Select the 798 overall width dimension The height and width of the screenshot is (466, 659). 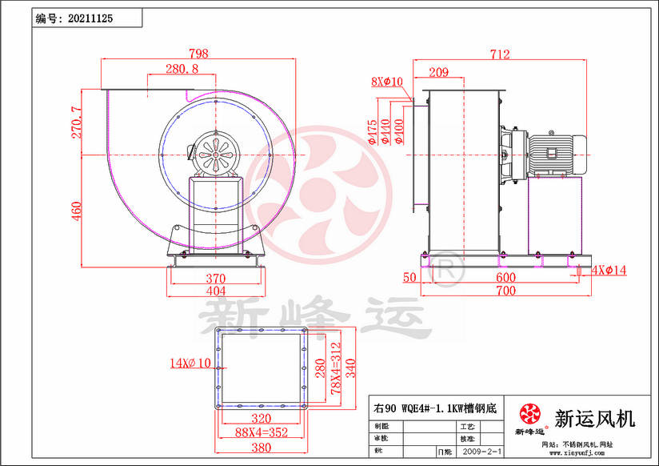tap(198, 54)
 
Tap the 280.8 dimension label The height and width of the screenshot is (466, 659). tap(182, 70)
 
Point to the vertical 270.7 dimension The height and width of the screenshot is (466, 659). tap(77, 122)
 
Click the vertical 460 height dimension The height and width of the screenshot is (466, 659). tap(77, 211)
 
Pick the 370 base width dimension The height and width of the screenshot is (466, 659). tap(214, 278)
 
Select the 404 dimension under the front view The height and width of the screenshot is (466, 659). tap(214, 291)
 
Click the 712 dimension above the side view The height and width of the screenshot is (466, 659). tap(500, 54)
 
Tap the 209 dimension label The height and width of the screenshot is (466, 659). tap(437, 73)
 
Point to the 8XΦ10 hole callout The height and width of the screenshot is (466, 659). tap(387, 82)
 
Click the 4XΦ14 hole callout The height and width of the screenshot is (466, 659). tap(609, 270)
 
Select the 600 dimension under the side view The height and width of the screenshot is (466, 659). tap(505, 278)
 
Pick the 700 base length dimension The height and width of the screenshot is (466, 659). tap(505, 291)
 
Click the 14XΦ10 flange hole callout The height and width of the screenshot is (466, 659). tap(190, 363)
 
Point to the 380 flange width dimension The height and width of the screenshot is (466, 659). tap(262, 448)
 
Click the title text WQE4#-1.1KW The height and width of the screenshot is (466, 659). tap(436, 408)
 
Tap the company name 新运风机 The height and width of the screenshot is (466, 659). tap(594, 418)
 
